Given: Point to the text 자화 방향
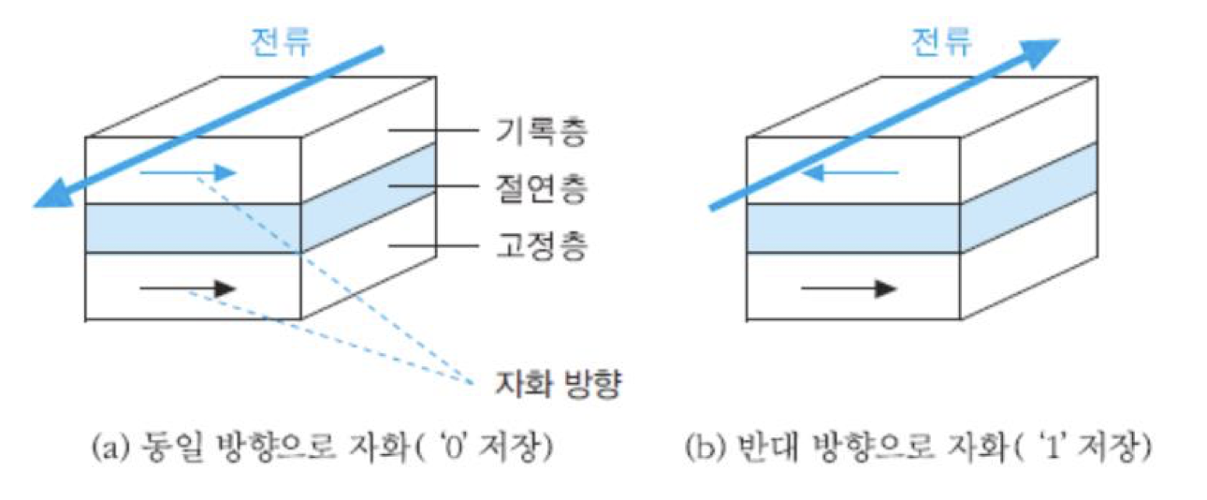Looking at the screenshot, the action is coord(555,385).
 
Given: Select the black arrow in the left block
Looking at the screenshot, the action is coord(187,289).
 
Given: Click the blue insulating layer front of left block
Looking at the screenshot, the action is coord(193,228).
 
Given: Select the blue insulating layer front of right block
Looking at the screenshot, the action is coord(853,228).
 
